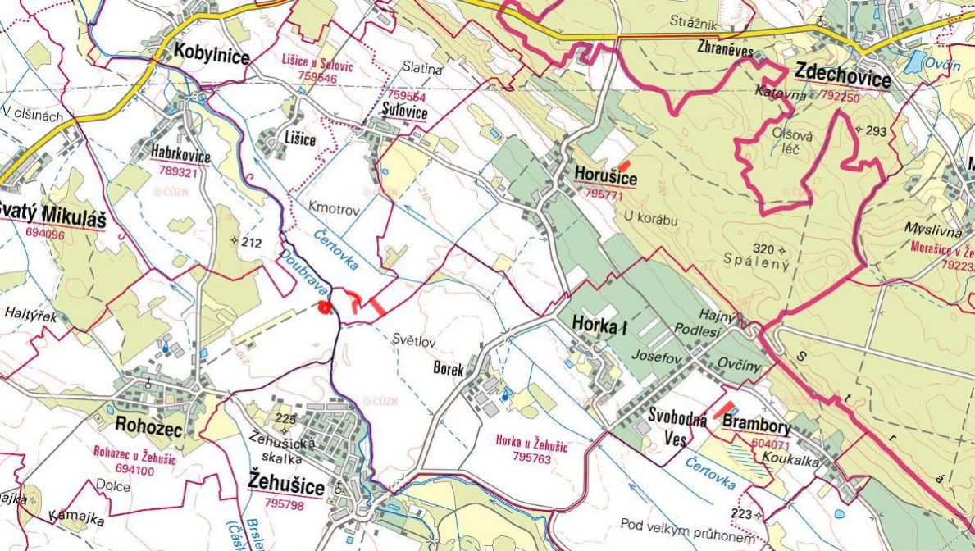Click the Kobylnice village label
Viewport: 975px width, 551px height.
tap(211, 53)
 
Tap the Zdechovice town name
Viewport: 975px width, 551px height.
tap(842, 79)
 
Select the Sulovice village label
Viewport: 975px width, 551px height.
tap(405, 113)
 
